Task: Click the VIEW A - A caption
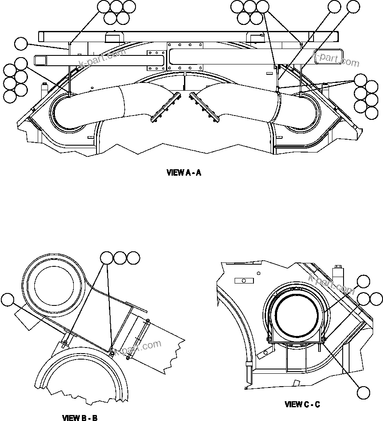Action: (x=184, y=173)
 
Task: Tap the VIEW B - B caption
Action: (x=80, y=418)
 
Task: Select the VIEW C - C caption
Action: (x=302, y=404)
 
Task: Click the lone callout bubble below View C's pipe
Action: (x=363, y=393)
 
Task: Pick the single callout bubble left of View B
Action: (x=7, y=300)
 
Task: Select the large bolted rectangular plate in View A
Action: (x=184, y=56)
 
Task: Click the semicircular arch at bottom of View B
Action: (x=86, y=374)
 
